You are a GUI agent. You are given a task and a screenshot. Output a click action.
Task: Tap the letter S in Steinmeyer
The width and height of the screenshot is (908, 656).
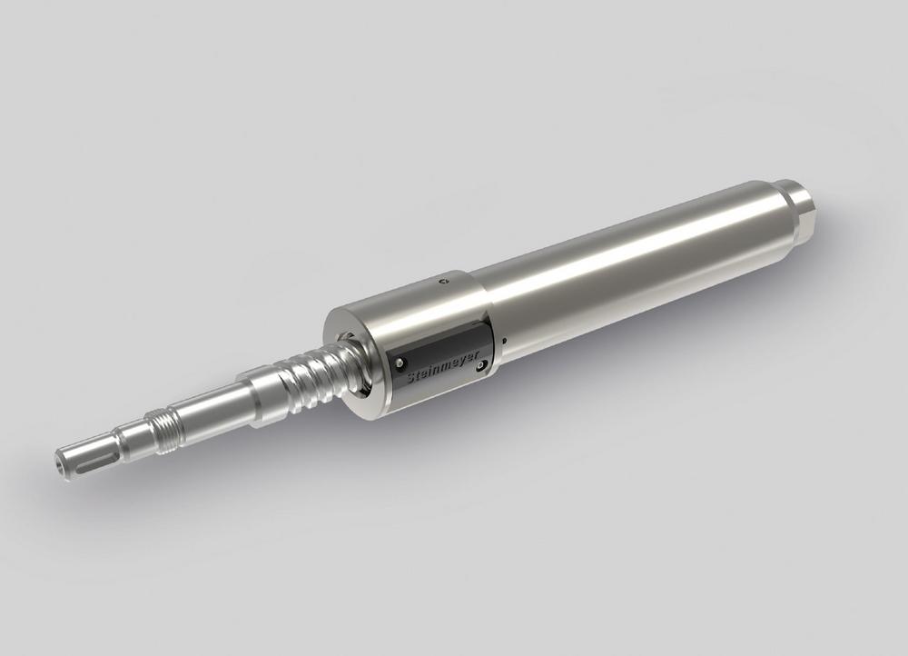coord(412,378)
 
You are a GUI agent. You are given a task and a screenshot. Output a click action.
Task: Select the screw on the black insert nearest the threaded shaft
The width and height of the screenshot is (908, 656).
coord(400,363)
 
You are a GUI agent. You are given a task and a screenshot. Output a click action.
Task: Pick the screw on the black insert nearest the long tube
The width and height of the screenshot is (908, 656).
coord(479,365)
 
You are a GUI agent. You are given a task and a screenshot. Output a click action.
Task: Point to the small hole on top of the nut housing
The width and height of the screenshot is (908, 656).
coord(443,281)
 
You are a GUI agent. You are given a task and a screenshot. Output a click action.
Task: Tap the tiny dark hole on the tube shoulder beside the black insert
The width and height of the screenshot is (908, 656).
coord(505,340)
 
